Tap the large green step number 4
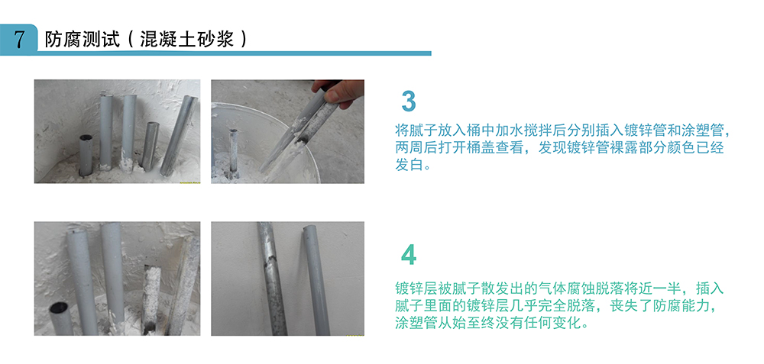409,255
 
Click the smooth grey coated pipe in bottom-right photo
313,279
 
